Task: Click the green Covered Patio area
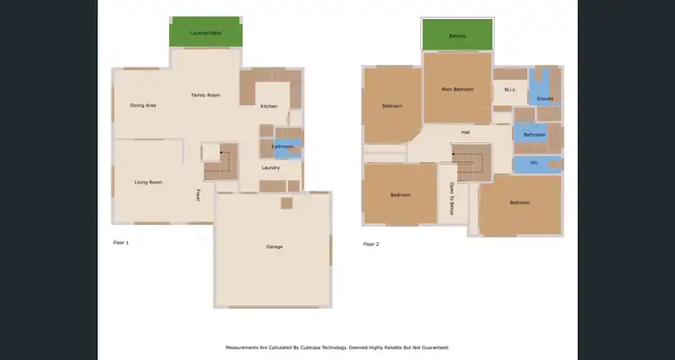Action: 205,32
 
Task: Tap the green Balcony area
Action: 457,35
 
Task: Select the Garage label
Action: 274,246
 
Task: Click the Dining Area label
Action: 143,105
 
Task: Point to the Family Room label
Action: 206,94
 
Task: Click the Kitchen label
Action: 269,106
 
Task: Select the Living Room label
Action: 148,182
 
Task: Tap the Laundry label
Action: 271,167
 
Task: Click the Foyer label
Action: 199,193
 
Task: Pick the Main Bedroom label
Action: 457,89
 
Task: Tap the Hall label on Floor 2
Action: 465,132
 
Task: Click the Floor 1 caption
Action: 121,243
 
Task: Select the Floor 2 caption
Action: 371,243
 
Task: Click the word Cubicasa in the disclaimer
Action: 321,346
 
